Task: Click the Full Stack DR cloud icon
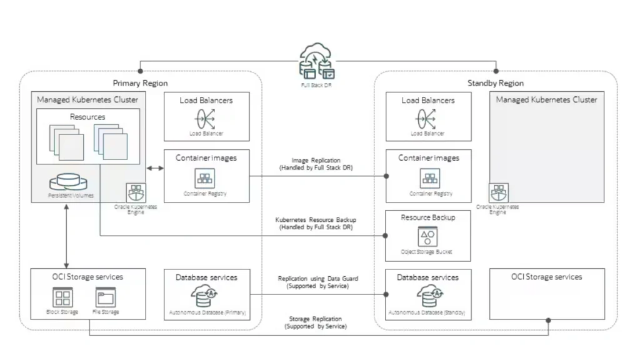pos(317,61)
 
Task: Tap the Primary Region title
pos(140,83)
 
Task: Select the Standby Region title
pos(496,83)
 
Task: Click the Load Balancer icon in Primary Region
pos(205,119)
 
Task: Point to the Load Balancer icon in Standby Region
pos(426,119)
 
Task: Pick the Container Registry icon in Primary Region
pos(204,178)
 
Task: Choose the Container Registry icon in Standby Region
pos(430,178)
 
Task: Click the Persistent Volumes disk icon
pos(68,182)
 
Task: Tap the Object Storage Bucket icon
pos(427,237)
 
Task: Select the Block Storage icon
pos(62,297)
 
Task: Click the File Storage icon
pos(105,297)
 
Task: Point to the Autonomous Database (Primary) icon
pos(204,296)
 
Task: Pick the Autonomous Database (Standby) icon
pos(430,296)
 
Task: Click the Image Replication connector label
pos(316,164)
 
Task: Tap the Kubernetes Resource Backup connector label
pos(316,224)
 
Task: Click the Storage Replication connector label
pos(316,322)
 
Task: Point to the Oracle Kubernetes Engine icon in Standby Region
pos(499,192)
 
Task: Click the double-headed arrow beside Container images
pos(155,168)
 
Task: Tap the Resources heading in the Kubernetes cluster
pos(87,117)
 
